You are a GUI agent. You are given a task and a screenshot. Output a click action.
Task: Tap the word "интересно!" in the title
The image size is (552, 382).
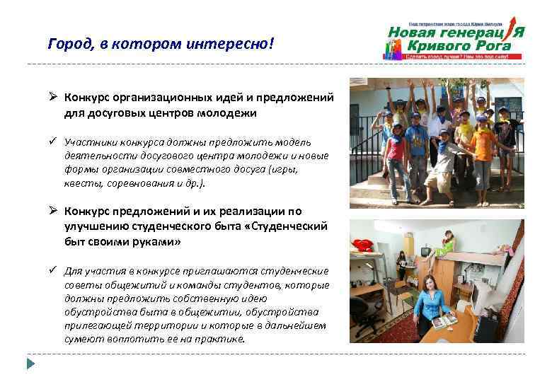(236, 45)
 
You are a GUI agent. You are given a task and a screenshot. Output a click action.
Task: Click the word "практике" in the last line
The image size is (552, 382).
(223, 339)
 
